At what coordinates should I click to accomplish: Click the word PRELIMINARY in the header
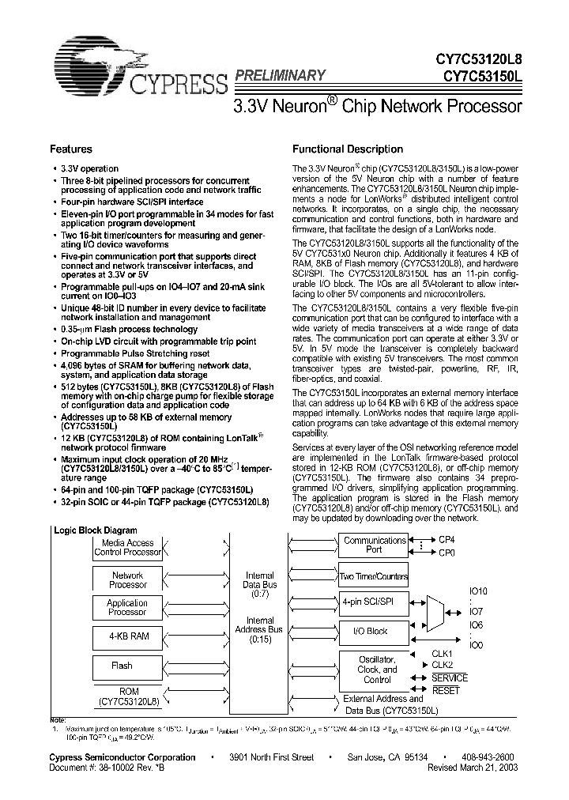tap(280, 75)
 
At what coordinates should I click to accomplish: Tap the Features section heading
tap(71, 149)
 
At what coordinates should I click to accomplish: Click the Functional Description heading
tap(348, 149)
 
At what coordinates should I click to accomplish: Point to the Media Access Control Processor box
tap(128, 548)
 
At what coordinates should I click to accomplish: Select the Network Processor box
tap(128, 579)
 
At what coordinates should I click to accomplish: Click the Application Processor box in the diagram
tap(128, 607)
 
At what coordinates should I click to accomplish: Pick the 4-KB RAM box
tap(128, 636)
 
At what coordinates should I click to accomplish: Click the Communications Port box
tap(375, 545)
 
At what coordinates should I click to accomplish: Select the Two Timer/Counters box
tap(375, 576)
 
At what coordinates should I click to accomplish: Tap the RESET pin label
tap(447, 690)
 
